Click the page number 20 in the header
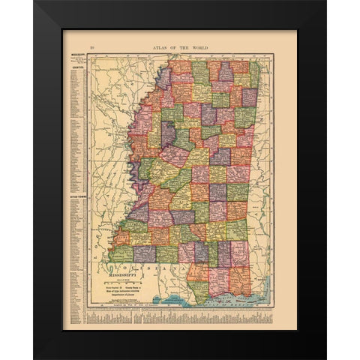pos(91,46)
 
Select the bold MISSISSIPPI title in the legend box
pos(124,274)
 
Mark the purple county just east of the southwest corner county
pos(145,253)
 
